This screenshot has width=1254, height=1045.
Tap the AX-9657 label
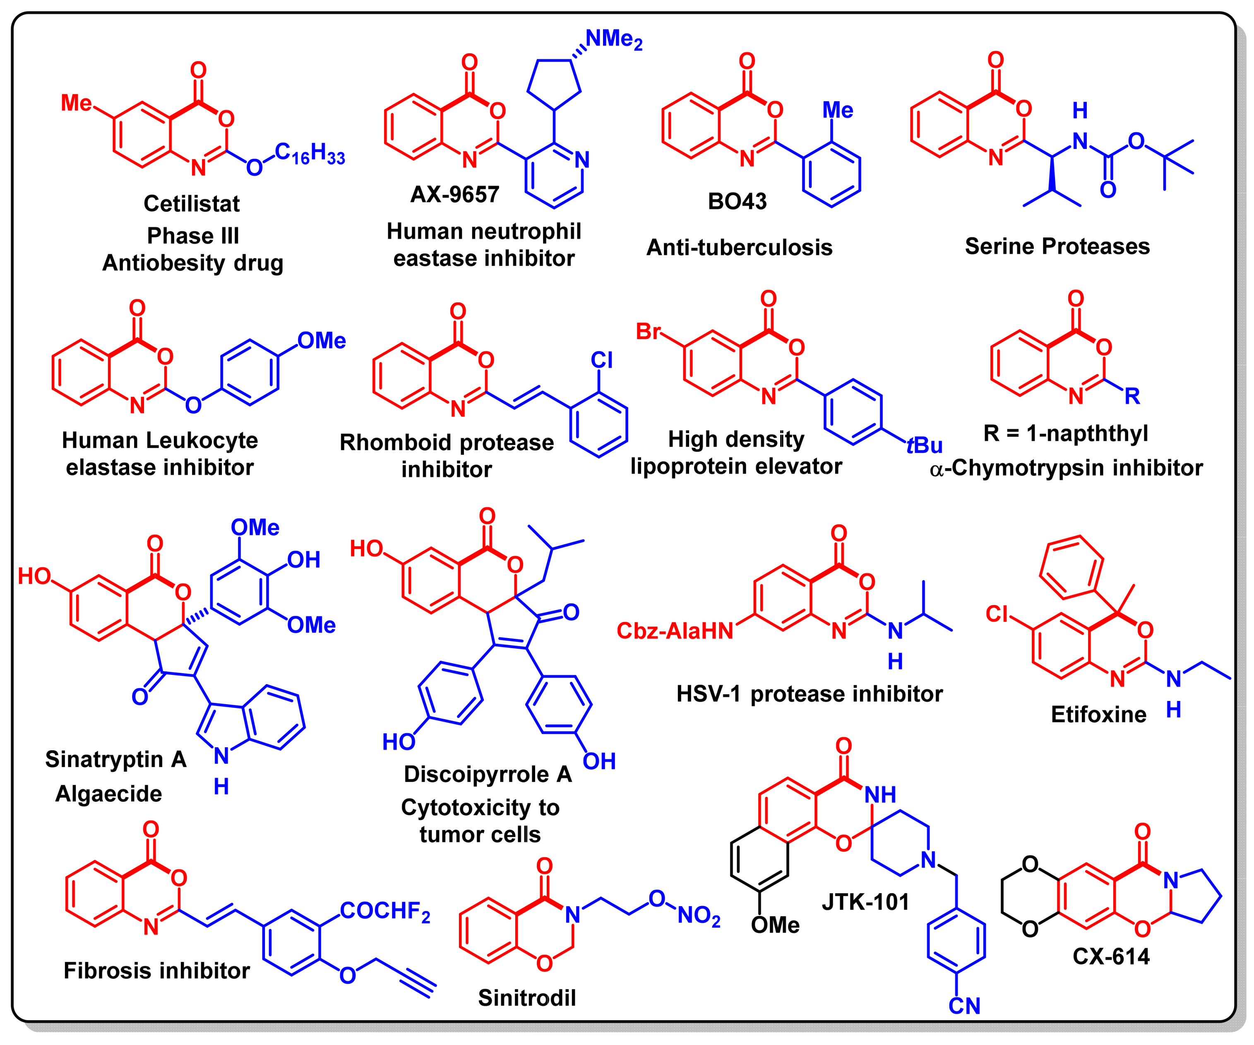(x=454, y=194)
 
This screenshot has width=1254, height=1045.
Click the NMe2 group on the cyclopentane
(x=613, y=39)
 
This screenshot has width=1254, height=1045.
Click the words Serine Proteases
(x=1057, y=246)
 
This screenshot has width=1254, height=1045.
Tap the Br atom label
(x=649, y=331)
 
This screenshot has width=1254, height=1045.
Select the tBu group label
(x=925, y=445)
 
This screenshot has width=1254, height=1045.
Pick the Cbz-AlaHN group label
(x=675, y=631)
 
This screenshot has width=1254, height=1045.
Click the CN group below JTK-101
(x=964, y=1006)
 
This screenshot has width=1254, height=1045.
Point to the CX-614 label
(x=1111, y=957)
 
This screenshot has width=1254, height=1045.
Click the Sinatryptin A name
(x=116, y=759)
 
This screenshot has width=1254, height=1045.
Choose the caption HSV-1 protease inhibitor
(x=809, y=694)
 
